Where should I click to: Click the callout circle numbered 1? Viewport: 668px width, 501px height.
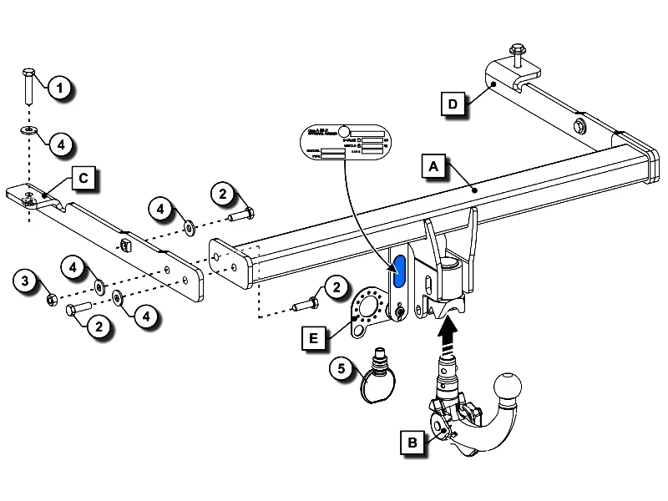[x=59, y=86]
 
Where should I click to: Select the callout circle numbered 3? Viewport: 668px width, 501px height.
[x=26, y=281]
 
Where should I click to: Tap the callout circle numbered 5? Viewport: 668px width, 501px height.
[x=339, y=367]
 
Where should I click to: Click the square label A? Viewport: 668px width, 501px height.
[x=433, y=167]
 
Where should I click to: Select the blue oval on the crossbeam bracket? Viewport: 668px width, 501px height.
[x=399, y=271]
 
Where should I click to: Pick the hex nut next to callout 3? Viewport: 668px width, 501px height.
[x=49, y=297]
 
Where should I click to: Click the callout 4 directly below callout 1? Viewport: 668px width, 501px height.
[x=59, y=144]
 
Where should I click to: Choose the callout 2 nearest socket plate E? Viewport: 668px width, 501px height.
[x=336, y=289]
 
